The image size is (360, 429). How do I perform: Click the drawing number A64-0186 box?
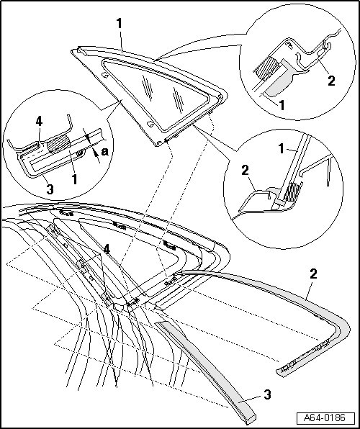coord(325,417)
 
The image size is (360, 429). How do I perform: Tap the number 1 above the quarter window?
coord(119,24)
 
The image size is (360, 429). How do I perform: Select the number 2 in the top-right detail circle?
coord(331,81)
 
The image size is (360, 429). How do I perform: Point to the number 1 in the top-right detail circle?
coord(282,105)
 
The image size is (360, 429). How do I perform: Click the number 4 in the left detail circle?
coord(39,121)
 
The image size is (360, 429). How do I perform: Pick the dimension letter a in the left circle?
coord(104,151)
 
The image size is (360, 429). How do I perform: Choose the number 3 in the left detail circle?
coord(50,189)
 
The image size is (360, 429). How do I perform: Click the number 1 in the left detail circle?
coord(74,179)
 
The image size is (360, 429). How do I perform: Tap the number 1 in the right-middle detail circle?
coord(281,149)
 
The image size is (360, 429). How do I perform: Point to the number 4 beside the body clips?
coord(107,250)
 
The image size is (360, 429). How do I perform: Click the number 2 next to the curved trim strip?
coord(313,274)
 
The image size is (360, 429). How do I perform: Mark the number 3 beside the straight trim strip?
coord(267,394)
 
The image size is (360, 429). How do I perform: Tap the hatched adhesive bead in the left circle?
coord(59,144)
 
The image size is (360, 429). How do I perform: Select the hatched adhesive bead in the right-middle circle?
coord(293,192)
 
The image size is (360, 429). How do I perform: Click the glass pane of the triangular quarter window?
coord(157,95)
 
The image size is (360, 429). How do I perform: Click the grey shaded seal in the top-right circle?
coord(281,82)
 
